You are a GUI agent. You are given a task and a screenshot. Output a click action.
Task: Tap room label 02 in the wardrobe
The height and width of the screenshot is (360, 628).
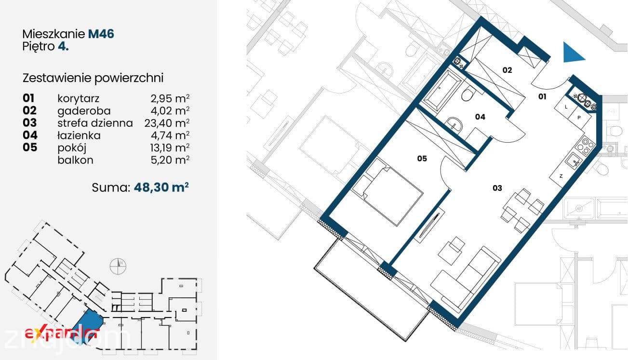[x=507, y=70]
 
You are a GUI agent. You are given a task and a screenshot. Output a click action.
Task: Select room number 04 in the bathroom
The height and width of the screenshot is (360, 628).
[x=480, y=117]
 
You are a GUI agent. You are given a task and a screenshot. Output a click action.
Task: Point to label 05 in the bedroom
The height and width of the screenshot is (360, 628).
[x=422, y=159]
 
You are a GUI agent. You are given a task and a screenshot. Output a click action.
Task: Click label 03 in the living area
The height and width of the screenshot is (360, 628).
[x=497, y=188]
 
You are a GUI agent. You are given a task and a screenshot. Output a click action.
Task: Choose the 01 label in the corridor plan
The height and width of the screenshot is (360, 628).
[x=542, y=97]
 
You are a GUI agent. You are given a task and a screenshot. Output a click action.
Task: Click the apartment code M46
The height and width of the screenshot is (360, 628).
[x=101, y=34]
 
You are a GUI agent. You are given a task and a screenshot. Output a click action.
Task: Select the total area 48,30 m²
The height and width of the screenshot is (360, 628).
[x=161, y=187]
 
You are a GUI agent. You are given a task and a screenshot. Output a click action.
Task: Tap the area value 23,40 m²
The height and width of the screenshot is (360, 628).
[x=167, y=123]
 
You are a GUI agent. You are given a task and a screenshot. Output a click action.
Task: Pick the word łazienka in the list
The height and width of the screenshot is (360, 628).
[x=79, y=135]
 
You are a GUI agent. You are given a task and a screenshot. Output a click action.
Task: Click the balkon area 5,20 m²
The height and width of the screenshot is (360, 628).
[x=170, y=160]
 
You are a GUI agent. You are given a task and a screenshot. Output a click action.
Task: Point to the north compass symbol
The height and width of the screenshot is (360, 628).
[x=118, y=266]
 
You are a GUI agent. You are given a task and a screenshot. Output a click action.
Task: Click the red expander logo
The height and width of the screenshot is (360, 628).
[x=61, y=334]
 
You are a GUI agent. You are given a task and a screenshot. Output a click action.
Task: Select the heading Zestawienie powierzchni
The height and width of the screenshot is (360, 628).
[x=93, y=78]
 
